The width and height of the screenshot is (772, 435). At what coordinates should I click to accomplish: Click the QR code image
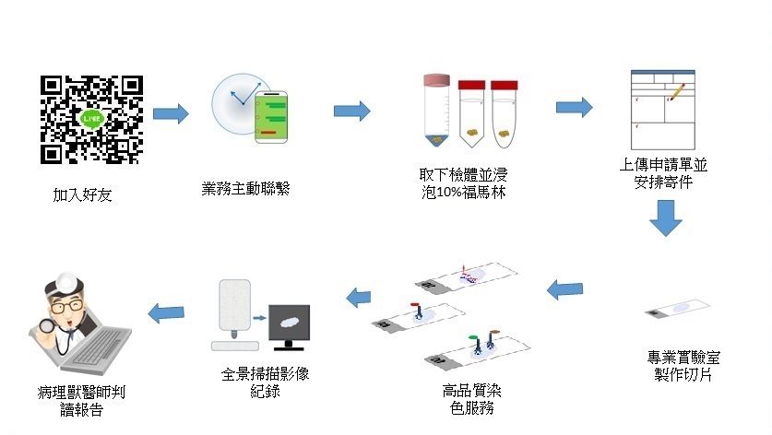click(x=91, y=119)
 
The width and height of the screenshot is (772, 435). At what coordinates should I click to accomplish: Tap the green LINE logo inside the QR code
click(x=91, y=119)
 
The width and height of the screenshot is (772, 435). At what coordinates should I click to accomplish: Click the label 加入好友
click(x=82, y=195)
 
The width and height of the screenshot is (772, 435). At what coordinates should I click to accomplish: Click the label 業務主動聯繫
click(x=245, y=189)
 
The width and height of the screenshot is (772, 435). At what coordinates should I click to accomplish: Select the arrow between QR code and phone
click(x=170, y=114)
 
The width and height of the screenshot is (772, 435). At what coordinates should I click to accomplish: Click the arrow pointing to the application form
click(x=574, y=107)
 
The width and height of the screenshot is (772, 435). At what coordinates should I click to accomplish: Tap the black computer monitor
click(x=289, y=324)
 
